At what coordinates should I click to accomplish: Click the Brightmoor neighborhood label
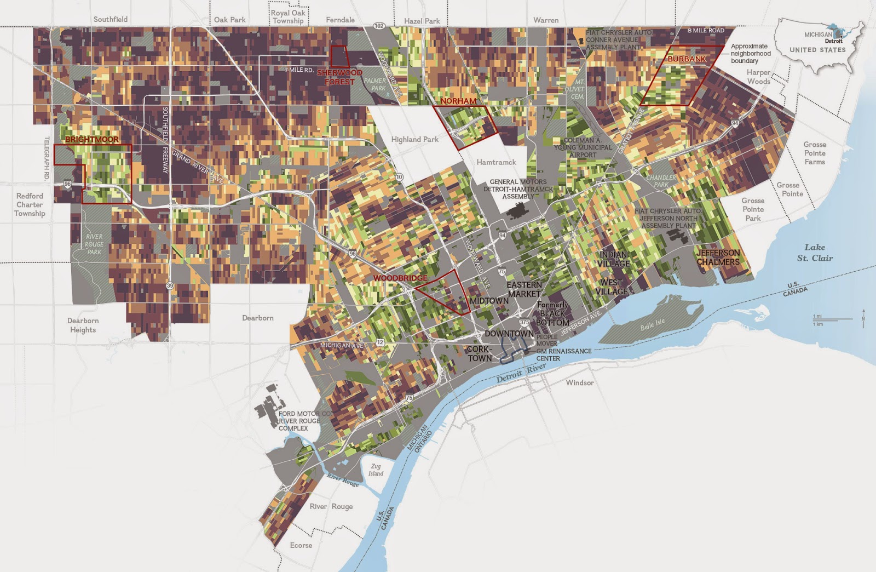(x=92, y=140)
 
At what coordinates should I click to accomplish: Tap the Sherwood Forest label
(x=339, y=77)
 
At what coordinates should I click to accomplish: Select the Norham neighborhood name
(x=458, y=101)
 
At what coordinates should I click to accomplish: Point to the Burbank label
(x=687, y=59)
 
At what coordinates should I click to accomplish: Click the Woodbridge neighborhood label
(x=400, y=278)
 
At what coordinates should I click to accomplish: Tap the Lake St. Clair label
(x=815, y=253)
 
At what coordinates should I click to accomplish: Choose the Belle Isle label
(x=653, y=324)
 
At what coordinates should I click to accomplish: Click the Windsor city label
(x=579, y=382)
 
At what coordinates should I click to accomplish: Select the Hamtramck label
(x=496, y=162)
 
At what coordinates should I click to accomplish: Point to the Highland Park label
(x=414, y=140)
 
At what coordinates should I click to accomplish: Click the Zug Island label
(x=376, y=470)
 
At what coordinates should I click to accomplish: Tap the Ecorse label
(x=301, y=545)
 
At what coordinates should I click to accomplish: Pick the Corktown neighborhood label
(x=480, y=354)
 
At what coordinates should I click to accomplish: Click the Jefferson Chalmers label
(x=718, y=258)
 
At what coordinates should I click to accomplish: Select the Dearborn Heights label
(x=83, y=325)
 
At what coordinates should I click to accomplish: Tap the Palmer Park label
(x=375, y=84)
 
